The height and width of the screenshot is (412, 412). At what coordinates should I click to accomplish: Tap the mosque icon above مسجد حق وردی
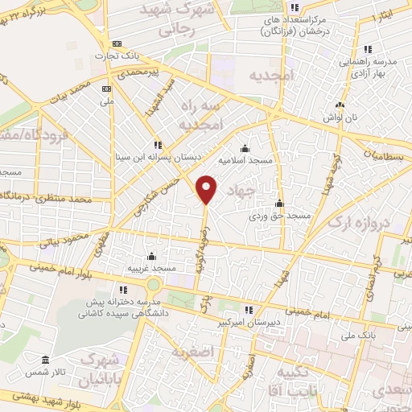279,203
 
